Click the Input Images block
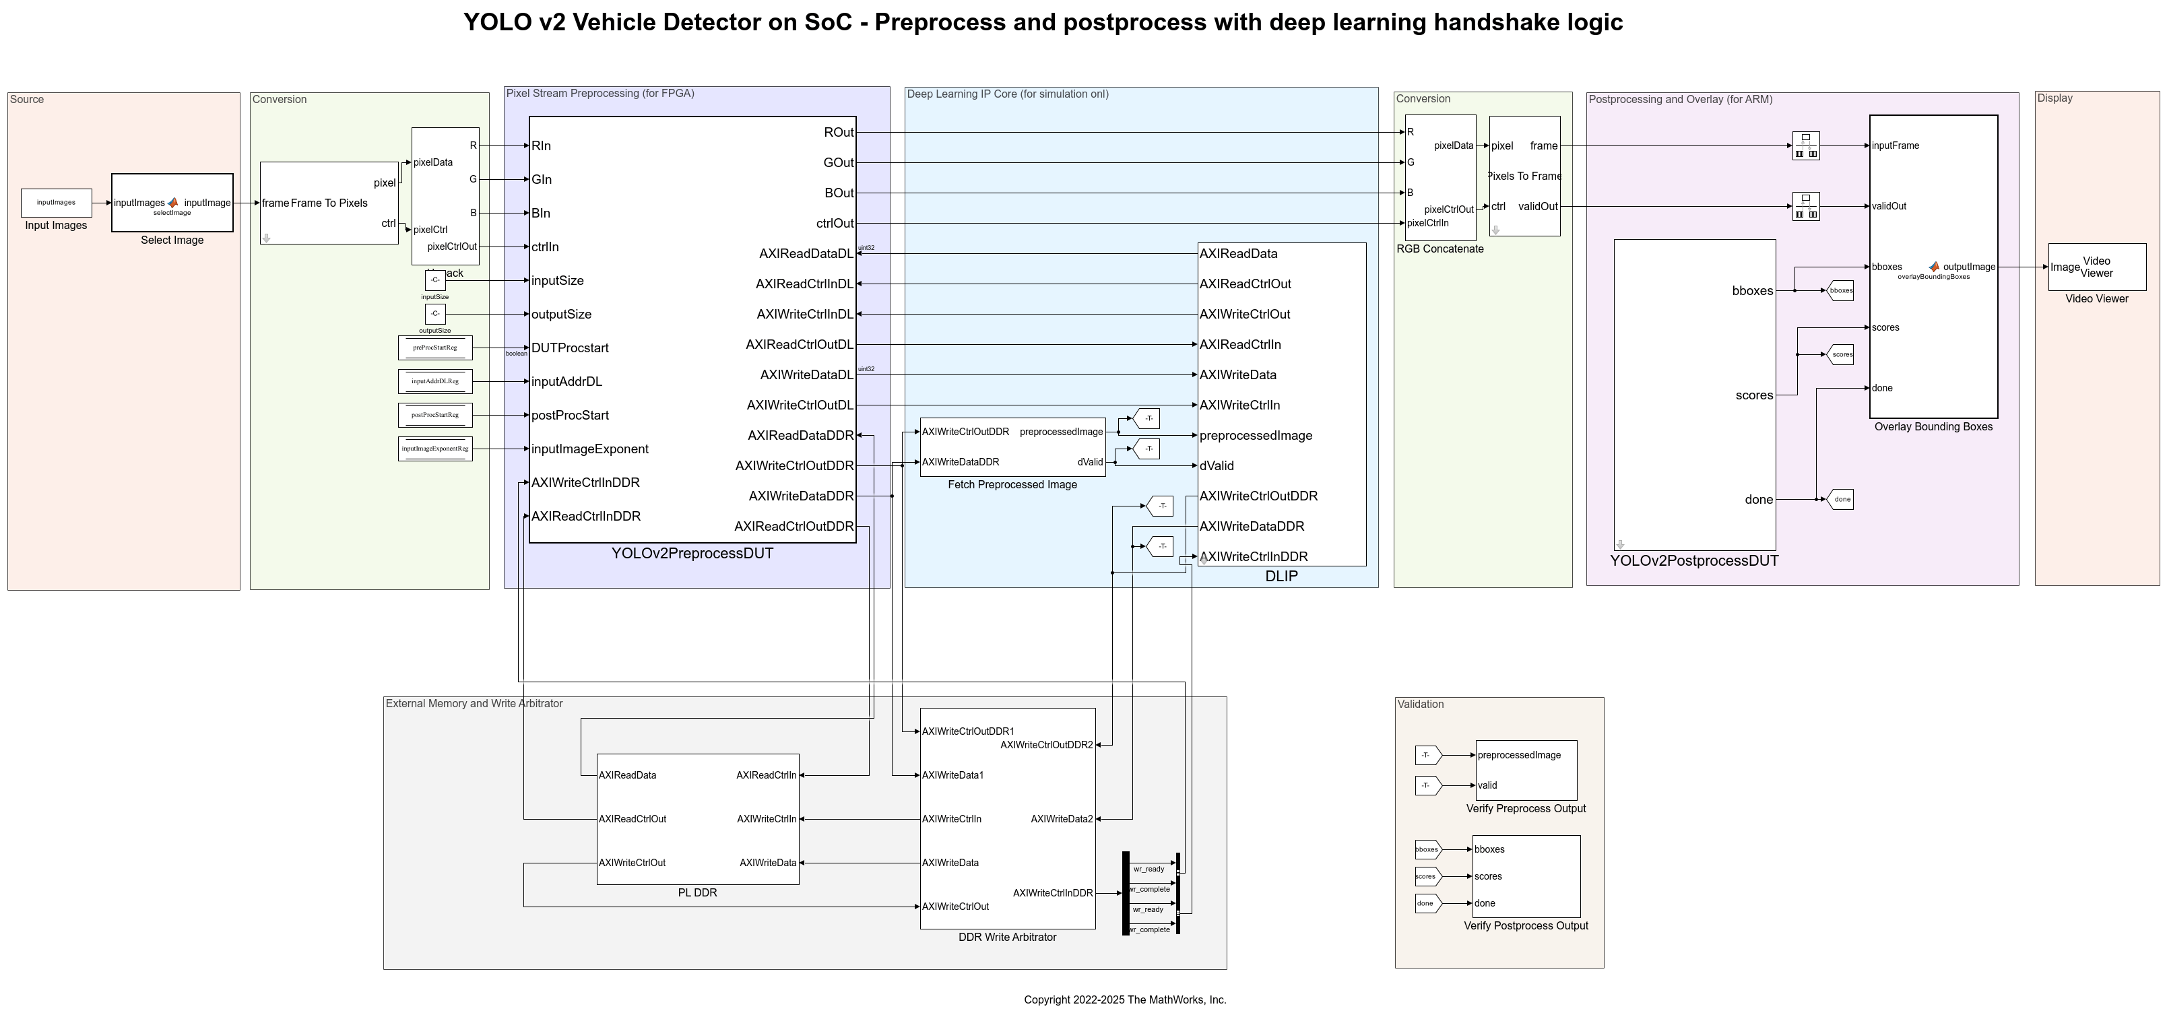pos(57,203)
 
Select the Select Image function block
pos(172,203)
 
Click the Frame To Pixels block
pos(329,203)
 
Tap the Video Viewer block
pos(2096,267)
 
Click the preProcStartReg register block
pos(435,348)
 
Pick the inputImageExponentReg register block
pos(435,449)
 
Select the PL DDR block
pos(697,818)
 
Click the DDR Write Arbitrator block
pos(1007,818)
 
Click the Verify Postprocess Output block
pos(1526,876)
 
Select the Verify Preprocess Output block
pos(1526,770)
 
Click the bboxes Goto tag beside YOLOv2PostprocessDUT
pos(1840,290)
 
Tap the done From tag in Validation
pos(1427,903)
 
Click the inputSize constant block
pos(435,280)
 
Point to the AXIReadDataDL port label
pos(805,254)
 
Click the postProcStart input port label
pos(569,416)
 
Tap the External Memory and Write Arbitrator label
pos(474,703)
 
